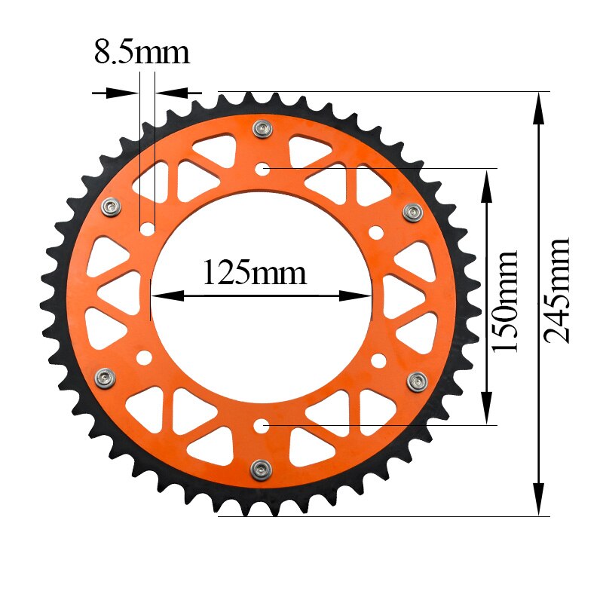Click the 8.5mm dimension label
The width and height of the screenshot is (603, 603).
coord(141,53)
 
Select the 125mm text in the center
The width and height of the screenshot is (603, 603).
coord(255,272)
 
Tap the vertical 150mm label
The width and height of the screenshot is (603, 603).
coord(504,301)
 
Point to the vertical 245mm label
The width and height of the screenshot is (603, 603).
coord(559,290)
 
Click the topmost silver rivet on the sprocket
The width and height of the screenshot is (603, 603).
coord(262,129)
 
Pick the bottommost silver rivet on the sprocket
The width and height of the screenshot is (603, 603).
coord(261,468)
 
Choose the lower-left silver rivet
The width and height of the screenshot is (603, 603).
coord(104,377)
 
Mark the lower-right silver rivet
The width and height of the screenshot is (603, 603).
coord(417,381)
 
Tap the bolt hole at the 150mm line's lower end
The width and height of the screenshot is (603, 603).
coord(262,427)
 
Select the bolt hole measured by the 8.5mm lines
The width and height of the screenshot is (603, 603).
coord(148,227)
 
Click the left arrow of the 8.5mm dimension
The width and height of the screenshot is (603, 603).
coord(121,93)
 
